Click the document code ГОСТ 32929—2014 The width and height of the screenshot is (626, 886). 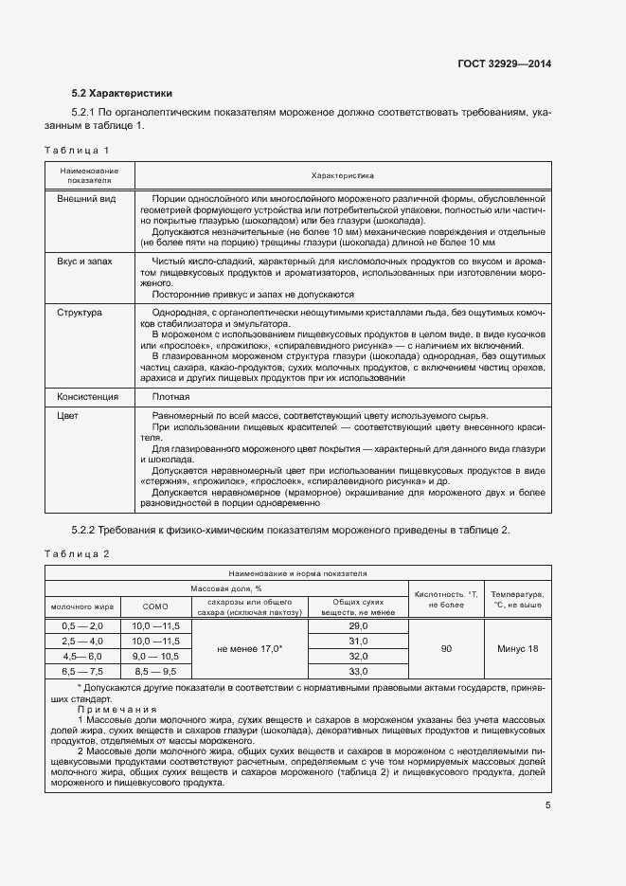[506, 64]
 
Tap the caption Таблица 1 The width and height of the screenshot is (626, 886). [78, 151]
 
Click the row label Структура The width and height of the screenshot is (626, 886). [80, 312]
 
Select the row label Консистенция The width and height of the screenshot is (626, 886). [88, 396]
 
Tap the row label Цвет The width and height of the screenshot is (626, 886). [67, 416]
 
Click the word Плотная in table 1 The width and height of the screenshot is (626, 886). [170, 396]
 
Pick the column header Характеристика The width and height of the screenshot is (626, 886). [343, 175]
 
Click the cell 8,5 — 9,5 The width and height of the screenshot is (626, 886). [154, 670]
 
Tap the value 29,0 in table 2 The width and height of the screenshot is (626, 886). [358, 627]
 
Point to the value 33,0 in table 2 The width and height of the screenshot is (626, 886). [358, 670]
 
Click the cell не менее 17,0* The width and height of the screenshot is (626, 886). [250, 649]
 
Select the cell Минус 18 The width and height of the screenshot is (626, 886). [517, 648]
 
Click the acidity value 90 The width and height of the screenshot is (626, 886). [445, 648]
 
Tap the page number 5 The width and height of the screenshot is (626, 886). [547, 805]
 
